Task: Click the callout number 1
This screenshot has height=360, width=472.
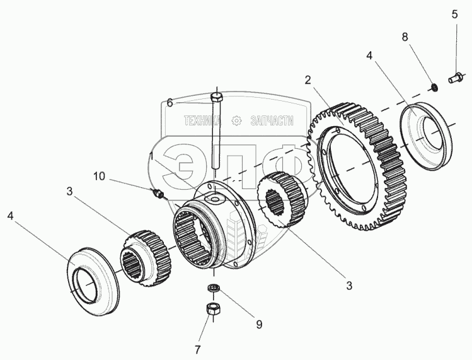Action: coord(152,155)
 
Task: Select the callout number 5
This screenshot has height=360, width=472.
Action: coord(454,14)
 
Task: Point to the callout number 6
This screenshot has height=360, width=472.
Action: coord(169,103)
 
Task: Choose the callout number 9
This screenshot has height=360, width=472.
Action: coord(258,325)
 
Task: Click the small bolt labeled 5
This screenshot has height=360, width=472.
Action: coord(454,79)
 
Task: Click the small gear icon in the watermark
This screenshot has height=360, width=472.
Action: coord(238,120)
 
